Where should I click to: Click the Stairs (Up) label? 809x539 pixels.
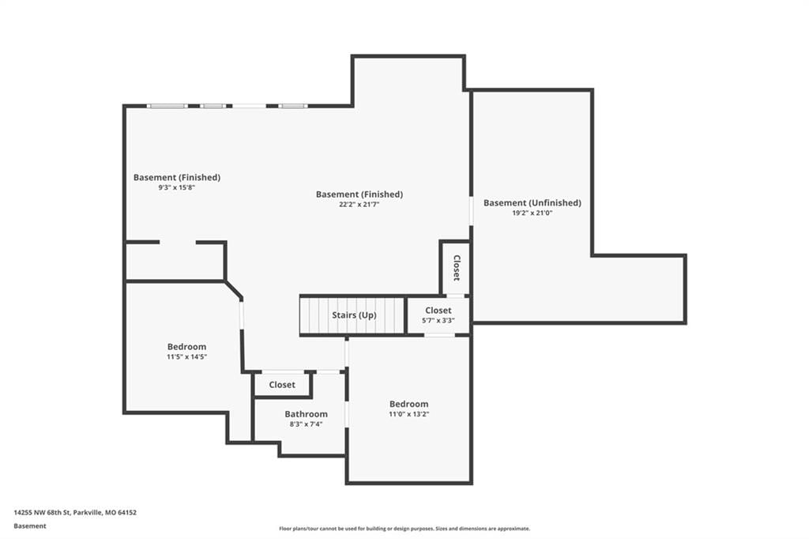coord(354,315)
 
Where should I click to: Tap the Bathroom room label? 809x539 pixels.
coord(306,414)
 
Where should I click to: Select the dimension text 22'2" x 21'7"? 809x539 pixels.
coord(359,205)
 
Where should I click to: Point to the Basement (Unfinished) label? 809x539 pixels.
coord(532,203)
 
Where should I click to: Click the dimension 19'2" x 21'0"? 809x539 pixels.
coord(532,213)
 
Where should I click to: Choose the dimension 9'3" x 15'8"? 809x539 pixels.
coord(176,187)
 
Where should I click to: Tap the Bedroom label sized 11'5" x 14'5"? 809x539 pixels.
coord(186,347)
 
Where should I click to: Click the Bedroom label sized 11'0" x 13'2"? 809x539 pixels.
coord(408,405)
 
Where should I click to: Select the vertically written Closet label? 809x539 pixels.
coord(457,267)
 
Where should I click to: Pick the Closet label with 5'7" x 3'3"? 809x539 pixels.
coord(438,311)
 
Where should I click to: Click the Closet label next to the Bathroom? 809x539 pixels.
coord(282,385)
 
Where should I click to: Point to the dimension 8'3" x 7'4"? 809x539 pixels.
coord(306,424)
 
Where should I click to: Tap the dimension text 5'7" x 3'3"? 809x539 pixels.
coord(438,321)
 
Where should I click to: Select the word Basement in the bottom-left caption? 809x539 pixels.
coord(30,526)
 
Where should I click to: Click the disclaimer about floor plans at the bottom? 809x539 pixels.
coord(404,529)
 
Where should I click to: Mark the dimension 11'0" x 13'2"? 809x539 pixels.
coord(408,414)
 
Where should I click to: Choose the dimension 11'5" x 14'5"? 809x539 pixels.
coord(186,356)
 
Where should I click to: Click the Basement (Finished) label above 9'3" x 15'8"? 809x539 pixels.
coord(176,178)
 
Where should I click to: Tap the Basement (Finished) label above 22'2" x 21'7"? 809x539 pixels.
coord(359,194)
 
